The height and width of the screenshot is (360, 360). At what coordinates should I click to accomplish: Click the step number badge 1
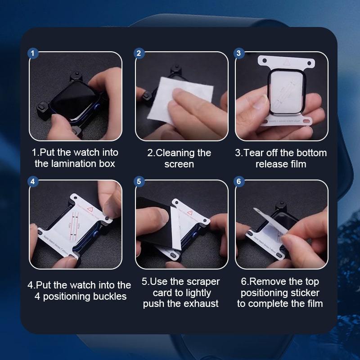pyautogui.click(x=32, y=53)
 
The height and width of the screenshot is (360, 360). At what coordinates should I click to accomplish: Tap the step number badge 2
pyautogui.click(x=139, y=53)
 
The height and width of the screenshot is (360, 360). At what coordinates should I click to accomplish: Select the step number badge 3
pyautogui.click(x=238, y=53)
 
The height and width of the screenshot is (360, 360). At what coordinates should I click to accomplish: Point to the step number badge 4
pyautogui.click(x=32, y=181)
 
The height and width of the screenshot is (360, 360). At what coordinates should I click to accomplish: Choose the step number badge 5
pyautogui.click(x=139, y=181)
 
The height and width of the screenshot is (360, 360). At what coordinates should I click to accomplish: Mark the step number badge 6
pyautogui.click(x=238, y=181)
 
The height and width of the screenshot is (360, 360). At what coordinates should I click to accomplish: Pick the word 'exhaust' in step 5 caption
pyautogui.click(x=201, y=304)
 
